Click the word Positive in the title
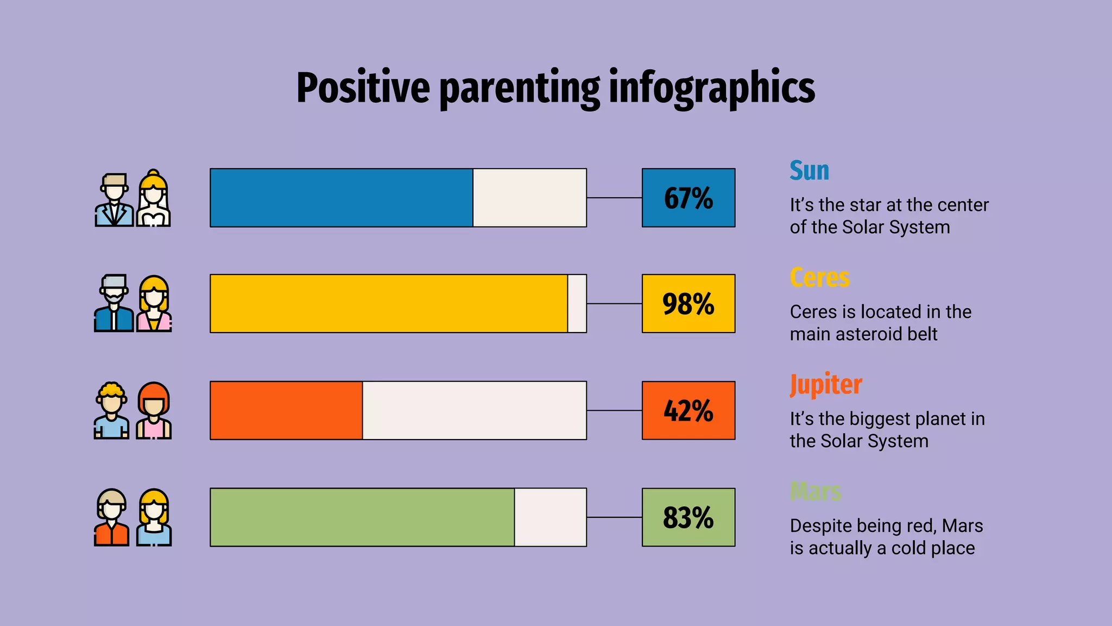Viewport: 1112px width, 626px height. (363, 88)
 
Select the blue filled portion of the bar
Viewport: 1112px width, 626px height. (341, 198)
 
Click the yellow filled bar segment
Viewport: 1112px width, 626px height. (389, 304)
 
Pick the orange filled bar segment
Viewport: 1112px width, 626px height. (286, 410)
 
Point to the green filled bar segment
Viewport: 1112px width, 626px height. (362, 517)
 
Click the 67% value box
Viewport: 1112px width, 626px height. (688, 198)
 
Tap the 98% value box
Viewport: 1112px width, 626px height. (688, 304)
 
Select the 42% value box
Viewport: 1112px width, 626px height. (688, 410)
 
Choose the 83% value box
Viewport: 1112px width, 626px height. (688, 517)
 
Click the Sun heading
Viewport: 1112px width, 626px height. (809, 171)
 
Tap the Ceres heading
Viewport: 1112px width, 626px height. (819, 278)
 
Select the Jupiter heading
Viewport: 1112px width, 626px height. (825, 385)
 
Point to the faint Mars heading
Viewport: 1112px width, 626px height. (815, 492)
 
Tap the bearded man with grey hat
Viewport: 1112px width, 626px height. (113, 304)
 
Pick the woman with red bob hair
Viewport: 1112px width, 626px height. (154, 411)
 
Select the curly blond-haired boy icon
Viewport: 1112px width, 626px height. (112, 411)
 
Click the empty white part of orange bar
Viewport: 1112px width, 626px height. (474, 410)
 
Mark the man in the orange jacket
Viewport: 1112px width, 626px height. (112, 518)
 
